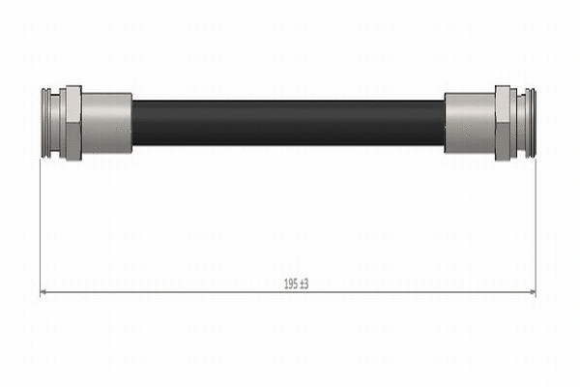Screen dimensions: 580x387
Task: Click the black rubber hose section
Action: (x=288, y=123)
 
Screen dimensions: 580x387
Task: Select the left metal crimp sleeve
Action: (x=106, y=123)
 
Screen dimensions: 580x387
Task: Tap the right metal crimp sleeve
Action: (x=470, y=123)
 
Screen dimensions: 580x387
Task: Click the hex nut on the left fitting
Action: (x=73, y=123)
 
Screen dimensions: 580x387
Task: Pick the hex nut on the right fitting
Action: (x=503, y=123)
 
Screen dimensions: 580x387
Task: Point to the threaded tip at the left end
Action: (x=46, y=123)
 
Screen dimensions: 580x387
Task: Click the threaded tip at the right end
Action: (x=531, y=123)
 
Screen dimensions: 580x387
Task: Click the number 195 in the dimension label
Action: (x=291, y=284)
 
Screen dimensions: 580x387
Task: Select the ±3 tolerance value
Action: (x=304, y=284)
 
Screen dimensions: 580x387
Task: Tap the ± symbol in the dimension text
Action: (x=302, y=284)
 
